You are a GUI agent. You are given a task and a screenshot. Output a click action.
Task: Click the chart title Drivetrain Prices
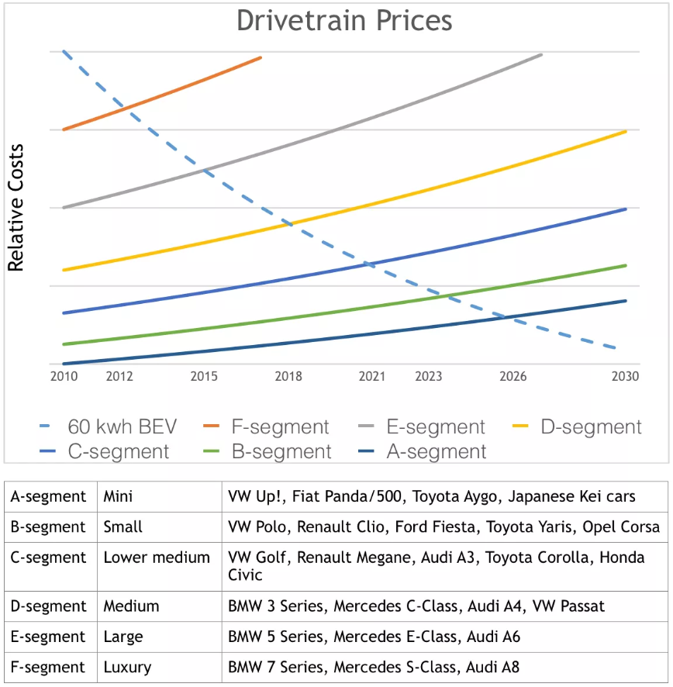pyautogui.click(x=344, y=21)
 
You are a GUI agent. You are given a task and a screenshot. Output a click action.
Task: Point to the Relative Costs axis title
pyautogui.click(x=16, y=208)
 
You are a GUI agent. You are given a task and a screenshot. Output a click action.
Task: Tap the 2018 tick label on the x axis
pyautogui.click(x=288, y=377)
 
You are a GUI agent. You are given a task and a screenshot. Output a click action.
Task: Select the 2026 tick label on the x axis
pyautogui.click(x=513, y=377)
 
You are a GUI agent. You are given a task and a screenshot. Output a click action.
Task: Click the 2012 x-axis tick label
pyautogui.click(x=119, y=377)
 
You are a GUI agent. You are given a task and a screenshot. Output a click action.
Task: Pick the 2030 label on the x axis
pyautogui.click(x=625, y=377)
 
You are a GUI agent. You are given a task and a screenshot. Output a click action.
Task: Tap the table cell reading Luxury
pyautogui.click(x=127, y=667)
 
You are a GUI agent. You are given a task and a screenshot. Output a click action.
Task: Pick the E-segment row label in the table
pyautogui.click(x=48, y=637)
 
